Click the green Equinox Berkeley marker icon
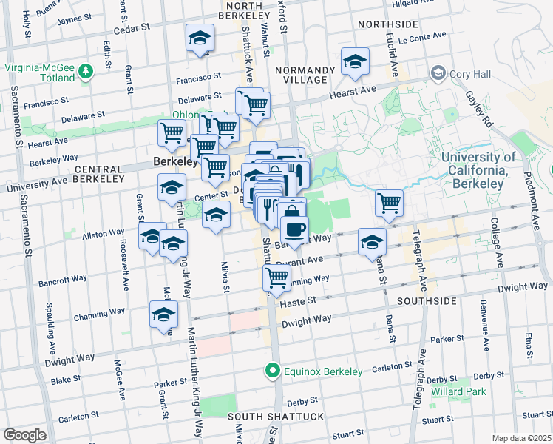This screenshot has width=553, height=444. (273, 371)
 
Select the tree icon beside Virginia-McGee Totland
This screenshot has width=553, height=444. (87, 72)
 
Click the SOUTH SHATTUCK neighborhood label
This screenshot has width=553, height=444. (276, 417)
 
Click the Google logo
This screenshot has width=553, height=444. (24, 434)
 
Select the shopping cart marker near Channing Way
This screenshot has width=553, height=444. (276, 278)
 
